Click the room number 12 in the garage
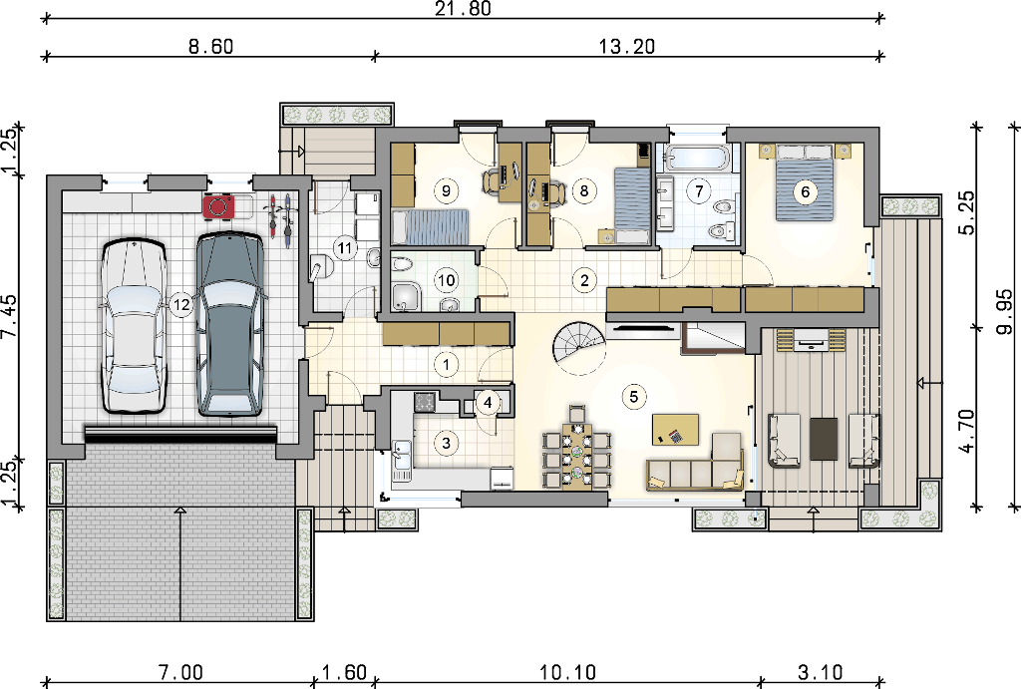pyautogui.click(x=181, y=304)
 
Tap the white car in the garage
pyautogui.click(x=134, y=326)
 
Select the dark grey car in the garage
pyautogui.click(x=230, y=325)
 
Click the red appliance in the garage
pyautogui.click(x=218, y=207)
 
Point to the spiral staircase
pyautogui.click(x=578, y=348)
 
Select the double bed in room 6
pyautogui.click(x=805, y=183)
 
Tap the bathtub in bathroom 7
pyautogui.click(x=695, y=158)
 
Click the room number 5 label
pyautogui.click(x=633, y=397)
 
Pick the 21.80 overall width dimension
pyautogui.click(x=463, y=8)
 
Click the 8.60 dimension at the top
pyautogui.click(x=210, y=46)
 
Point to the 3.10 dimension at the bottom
pyautogui.click(x=820, y=672)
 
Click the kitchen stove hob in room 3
pyautogui.click(x=426, y=401)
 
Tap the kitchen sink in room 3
pyautogui.click(x=401, y=454)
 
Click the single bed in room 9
pyautogui.click(x=431, y=226)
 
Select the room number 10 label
pyautogui.click(x=446, y=280)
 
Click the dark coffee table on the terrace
pyautogui.click(x=824, y=439)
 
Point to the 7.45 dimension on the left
pyautogui.click(x=9, y=316)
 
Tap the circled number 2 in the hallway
pyautogui.click(x=584, y=280)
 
